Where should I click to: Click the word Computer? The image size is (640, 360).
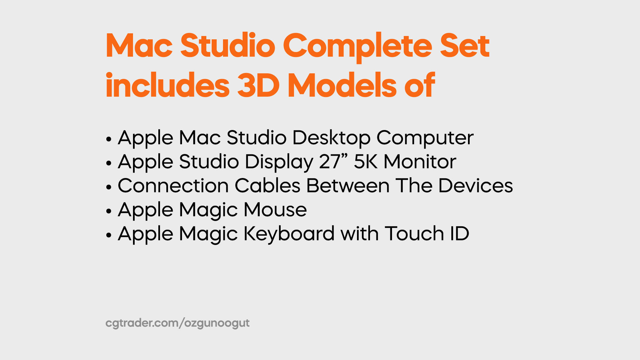point(425,138)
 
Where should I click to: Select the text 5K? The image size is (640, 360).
point(366,162)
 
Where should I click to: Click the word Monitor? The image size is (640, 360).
point(420,162)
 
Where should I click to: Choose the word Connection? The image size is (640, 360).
point(173,186)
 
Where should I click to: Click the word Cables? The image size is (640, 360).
point(267,186)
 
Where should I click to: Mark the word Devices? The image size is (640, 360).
point(476,186)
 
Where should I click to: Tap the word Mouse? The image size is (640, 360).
point(275,210)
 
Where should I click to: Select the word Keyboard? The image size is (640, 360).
point(289,234)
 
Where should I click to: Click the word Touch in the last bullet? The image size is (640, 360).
point(414,234)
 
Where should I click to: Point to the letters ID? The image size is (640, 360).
point(460,234)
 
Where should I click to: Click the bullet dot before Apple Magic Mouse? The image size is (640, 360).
point(109,211)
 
